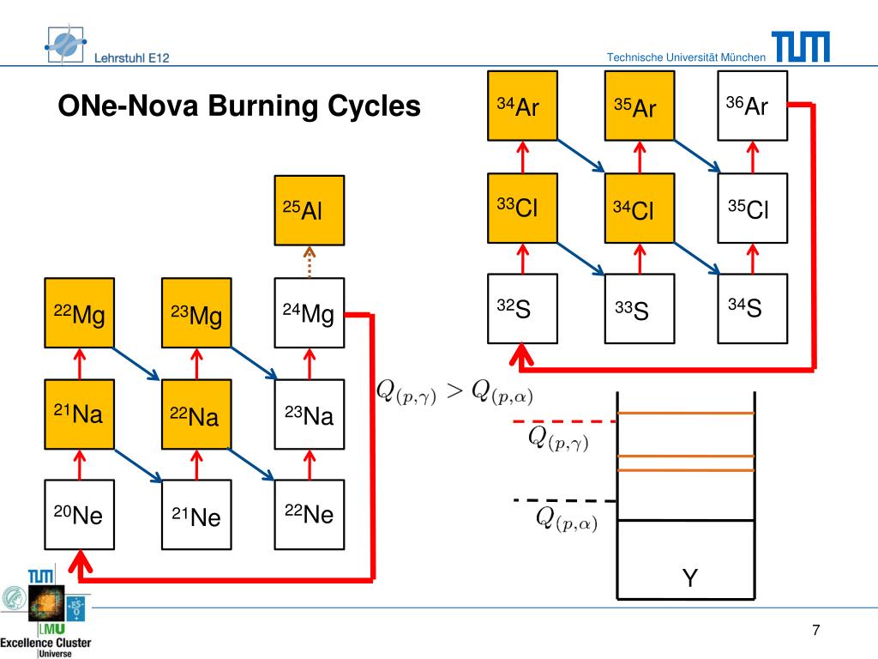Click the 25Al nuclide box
click(309, 210)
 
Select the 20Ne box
click(80, 515)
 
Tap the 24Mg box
click(309, 312)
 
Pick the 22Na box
click(196, 414)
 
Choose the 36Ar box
click(753, 106)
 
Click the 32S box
click(522, 308)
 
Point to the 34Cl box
click(640, 208)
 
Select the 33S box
click(640, 308)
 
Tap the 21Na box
click(80, 414)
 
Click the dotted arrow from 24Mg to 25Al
click(309, 262)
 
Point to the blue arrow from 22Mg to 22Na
click(136, 364)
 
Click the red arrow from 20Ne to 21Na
click(80, 464)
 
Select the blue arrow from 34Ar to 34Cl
click(581, 156)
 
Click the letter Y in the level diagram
click(690, 577)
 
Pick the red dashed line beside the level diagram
click(565, 420)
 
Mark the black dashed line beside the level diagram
click(565, 500)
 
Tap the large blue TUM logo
click(801, 46)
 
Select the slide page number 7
click(816, 630)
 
